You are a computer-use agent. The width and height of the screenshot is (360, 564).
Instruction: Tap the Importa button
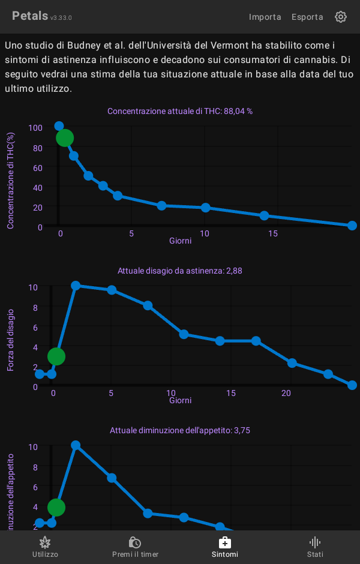click(x=265, y=17)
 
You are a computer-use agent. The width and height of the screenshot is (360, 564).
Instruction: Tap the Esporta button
click(x=307, y=17)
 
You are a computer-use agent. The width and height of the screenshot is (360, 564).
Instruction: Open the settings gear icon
click(x=341, y=17)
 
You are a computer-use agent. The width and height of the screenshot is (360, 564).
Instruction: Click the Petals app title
click(x=30, y=16)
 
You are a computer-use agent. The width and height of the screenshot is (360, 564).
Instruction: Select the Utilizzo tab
click(x=45, y=547)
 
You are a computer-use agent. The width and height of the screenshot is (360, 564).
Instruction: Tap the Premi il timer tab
click(x=135, y=547)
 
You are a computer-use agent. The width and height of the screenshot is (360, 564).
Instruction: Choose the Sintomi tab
click(x=225, y=547)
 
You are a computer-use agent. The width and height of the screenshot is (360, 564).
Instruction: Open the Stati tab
click(x=315, y=547)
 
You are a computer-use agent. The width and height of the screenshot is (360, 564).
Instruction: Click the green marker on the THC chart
click(x=65, y=138)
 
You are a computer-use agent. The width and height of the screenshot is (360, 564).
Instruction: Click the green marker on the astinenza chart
click(x=56, y=356)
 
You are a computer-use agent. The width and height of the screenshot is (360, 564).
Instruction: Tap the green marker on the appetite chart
click(x=56, y=508)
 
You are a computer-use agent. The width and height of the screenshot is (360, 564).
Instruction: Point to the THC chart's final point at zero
click(x=352, y=226)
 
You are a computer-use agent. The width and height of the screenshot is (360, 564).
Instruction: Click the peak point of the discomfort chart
click(x=76, y=286)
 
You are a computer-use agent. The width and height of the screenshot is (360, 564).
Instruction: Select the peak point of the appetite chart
click(x=76, y=445)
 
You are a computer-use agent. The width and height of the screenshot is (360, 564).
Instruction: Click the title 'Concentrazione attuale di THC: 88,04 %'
click(x=180, y=111)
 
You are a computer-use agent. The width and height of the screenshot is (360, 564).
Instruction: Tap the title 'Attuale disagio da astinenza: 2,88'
click(x=180, y=271)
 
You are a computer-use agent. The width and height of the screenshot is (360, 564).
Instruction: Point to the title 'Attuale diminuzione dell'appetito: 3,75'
click(x=180, y=430)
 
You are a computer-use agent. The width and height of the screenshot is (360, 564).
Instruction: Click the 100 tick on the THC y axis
click(x=35, y=128)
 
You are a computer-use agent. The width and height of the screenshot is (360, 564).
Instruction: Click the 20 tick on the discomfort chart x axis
click(x=286, y=393)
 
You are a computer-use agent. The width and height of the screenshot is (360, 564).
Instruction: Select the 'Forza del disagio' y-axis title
click(x=11, y=340)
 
